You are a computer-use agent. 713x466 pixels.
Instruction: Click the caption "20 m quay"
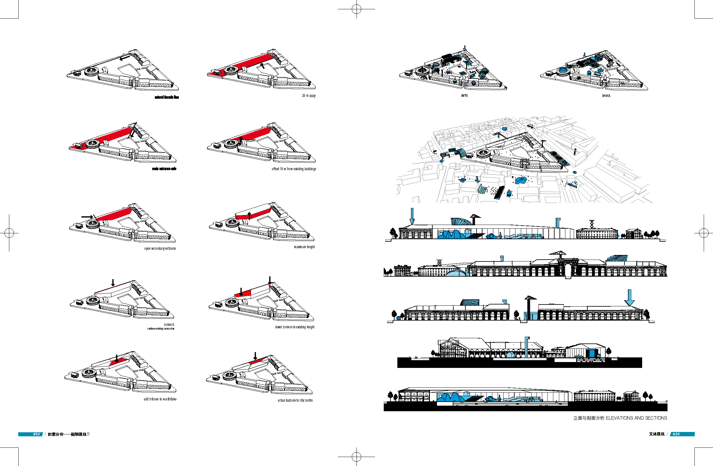click(309, 96)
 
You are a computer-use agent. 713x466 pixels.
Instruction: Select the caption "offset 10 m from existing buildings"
click(294, 169)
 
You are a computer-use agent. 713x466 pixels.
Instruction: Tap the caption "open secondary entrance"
click(160, 248)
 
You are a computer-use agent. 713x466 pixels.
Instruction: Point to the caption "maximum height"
click(304, 247)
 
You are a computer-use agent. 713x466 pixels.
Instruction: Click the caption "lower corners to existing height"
click(295, 327)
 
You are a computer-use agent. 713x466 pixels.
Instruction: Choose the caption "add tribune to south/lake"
click(160, 399)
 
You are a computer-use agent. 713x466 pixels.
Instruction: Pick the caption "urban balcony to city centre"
click(295, 400)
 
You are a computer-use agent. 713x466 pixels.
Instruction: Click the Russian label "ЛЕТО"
click(464, 96)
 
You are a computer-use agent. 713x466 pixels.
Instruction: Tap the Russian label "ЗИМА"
click(606, 96)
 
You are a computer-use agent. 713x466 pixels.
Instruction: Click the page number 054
click(37, 434)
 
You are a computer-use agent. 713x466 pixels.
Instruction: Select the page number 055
click(676, 434)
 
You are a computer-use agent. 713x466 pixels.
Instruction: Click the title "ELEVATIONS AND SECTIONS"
click(636, 418)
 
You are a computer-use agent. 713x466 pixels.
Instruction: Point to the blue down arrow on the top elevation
click(412, 216)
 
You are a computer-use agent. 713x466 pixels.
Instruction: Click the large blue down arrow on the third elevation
click(629, 297)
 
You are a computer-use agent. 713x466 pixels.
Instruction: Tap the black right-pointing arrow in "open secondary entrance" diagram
click(87, 217)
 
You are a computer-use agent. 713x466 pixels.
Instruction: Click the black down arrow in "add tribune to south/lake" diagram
click(117, 359)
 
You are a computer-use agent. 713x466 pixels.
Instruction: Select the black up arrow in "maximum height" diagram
click(249, 216)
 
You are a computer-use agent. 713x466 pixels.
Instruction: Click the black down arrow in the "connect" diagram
click(113, 283)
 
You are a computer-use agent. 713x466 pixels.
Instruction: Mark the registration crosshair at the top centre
click(356, 9)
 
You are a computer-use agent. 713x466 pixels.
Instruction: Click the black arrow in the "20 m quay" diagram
click(262, 65)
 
